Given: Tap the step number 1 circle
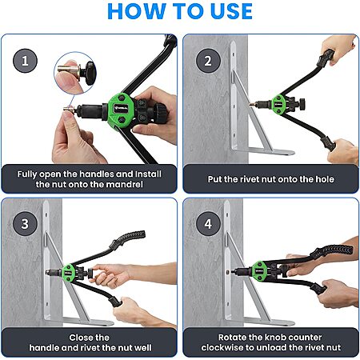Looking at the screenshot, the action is [25, 61].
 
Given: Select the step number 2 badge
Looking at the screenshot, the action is [208, 61].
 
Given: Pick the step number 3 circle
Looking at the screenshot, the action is [25, 223].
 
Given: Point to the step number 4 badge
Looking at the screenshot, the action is [208, 223].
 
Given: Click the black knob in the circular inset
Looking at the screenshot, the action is [89, 73].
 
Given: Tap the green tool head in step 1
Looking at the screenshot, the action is [122, 110].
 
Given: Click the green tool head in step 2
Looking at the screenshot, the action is [279, 104].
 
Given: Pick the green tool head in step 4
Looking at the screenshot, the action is [259, 270].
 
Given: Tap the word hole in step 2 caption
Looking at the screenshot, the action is [325, 179].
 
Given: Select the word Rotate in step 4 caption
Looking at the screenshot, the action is [232, 338].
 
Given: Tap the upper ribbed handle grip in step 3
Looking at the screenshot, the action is [128, 239].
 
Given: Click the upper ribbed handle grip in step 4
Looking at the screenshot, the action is [332, 252].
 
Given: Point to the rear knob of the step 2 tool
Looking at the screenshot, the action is [302, 104].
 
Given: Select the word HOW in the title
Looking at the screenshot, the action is [136, 11].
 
